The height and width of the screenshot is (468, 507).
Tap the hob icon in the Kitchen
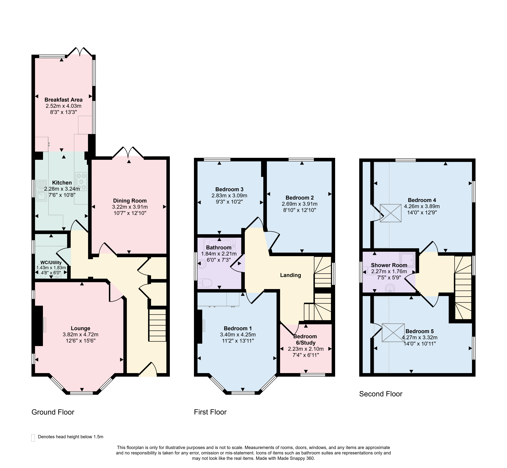pyautogui.click(x=81, y=181)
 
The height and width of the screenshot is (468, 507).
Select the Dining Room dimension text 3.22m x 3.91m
pyautogui.click(x=130, y=207)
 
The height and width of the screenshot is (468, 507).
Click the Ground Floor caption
pyautogui.click(x=53, y=412)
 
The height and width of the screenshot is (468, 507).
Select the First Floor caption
pyautogui.click(x=210, y=412)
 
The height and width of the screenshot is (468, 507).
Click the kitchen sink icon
pyautogui.click(x=41, y=190)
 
